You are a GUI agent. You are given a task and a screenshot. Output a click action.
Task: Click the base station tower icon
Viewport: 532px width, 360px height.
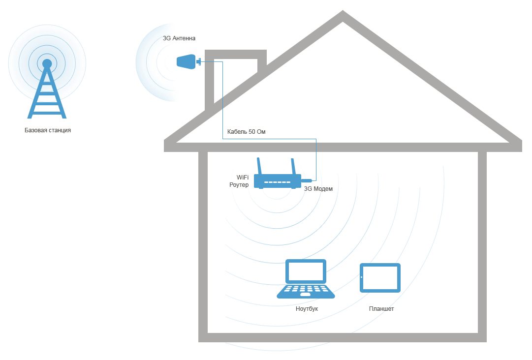click(47, 93)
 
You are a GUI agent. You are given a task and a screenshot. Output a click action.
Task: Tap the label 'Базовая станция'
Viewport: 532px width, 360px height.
click(48, 131)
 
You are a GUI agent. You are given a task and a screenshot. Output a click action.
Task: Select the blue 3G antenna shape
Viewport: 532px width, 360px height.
click(186, 62)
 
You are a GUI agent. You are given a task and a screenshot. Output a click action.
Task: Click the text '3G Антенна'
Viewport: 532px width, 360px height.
click(179, 38)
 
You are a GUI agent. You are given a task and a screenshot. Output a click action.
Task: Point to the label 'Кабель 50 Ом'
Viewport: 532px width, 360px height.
click(246, 132)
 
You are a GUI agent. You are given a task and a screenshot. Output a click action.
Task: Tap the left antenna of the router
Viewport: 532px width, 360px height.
click(259, 166)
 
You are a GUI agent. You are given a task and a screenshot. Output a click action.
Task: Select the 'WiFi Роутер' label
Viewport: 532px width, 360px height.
click(240, 181)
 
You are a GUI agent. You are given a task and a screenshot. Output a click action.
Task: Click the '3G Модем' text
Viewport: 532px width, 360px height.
click(318, 189)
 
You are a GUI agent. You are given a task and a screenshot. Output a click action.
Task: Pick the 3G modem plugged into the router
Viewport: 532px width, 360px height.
click(307, 180)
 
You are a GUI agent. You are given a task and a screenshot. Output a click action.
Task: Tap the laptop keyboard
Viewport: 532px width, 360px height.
click(306, 290)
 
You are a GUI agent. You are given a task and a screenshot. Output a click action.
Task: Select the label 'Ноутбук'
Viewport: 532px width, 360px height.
click(307, 309)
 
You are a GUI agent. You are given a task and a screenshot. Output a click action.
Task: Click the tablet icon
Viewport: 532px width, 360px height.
click(380, 278)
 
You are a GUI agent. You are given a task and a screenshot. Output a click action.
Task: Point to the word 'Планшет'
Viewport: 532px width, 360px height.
click(381, 309)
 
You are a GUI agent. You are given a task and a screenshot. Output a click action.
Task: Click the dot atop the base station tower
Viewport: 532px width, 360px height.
click(47, 63)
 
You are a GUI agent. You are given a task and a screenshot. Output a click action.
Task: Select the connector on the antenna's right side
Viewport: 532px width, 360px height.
click(199, 61)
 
